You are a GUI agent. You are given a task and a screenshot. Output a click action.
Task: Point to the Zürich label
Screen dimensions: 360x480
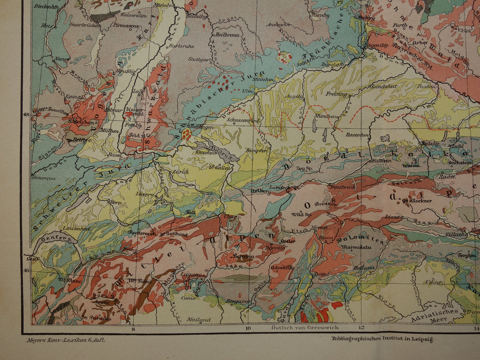(181, 172)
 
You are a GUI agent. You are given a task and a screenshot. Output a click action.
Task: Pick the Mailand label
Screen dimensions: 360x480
(198, 320)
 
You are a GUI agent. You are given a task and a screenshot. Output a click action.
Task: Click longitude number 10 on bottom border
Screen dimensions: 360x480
(247, 329)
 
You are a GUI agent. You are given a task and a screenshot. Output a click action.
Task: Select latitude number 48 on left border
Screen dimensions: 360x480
(26, 115)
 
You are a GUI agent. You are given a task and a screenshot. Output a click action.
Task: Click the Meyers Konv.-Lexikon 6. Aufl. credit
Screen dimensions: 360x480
(65, 340)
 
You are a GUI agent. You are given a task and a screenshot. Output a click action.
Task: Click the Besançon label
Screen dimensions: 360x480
(44, 178)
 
